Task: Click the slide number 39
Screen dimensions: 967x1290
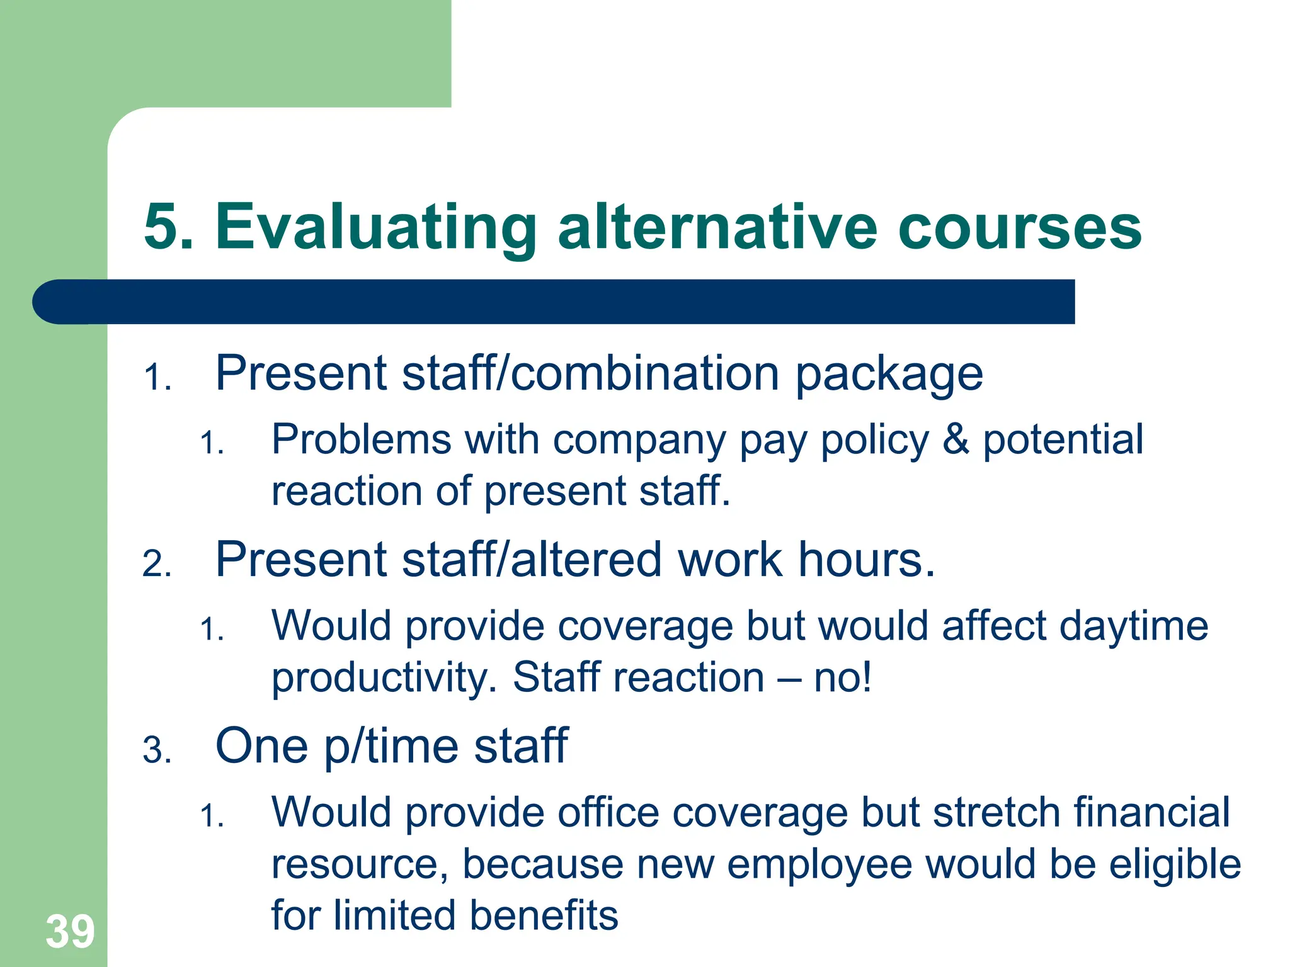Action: (70, 931)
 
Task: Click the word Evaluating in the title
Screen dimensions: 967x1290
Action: (375, 228)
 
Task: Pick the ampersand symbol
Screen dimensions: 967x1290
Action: (956, 439)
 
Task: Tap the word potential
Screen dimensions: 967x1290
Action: (1063, 440)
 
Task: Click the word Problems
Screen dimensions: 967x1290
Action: (362, 439)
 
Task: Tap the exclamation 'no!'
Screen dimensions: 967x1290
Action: (843, 677)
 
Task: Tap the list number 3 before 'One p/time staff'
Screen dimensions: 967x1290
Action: (156, 750)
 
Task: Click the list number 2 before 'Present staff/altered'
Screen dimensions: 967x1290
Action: (156, 564)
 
